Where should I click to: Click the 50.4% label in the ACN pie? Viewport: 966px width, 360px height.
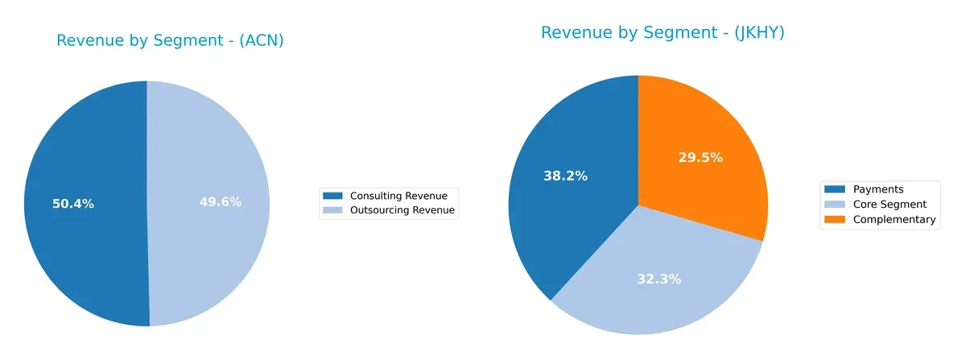click(x=73, y=204)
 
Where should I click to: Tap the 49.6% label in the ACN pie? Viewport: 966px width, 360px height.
click(x=221, y=202)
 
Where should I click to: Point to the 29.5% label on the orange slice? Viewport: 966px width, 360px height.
click(x=700, y=158)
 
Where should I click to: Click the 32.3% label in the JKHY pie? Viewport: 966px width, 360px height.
click(x=658, y=279)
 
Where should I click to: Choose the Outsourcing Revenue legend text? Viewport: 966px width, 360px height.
click(x=402, y=211)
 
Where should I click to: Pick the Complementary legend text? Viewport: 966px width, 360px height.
click(x=894, y=219)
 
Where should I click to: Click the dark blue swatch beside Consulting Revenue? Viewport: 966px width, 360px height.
click(x=332, y=196)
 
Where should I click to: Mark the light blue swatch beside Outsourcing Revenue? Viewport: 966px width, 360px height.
click(x=332, y=211)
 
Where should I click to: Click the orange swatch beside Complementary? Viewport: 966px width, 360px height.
click(x=833, y=219)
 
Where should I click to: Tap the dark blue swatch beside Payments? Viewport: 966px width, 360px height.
click(x=833, y=189)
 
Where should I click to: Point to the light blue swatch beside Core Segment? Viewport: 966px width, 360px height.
click(x=833, y=205)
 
